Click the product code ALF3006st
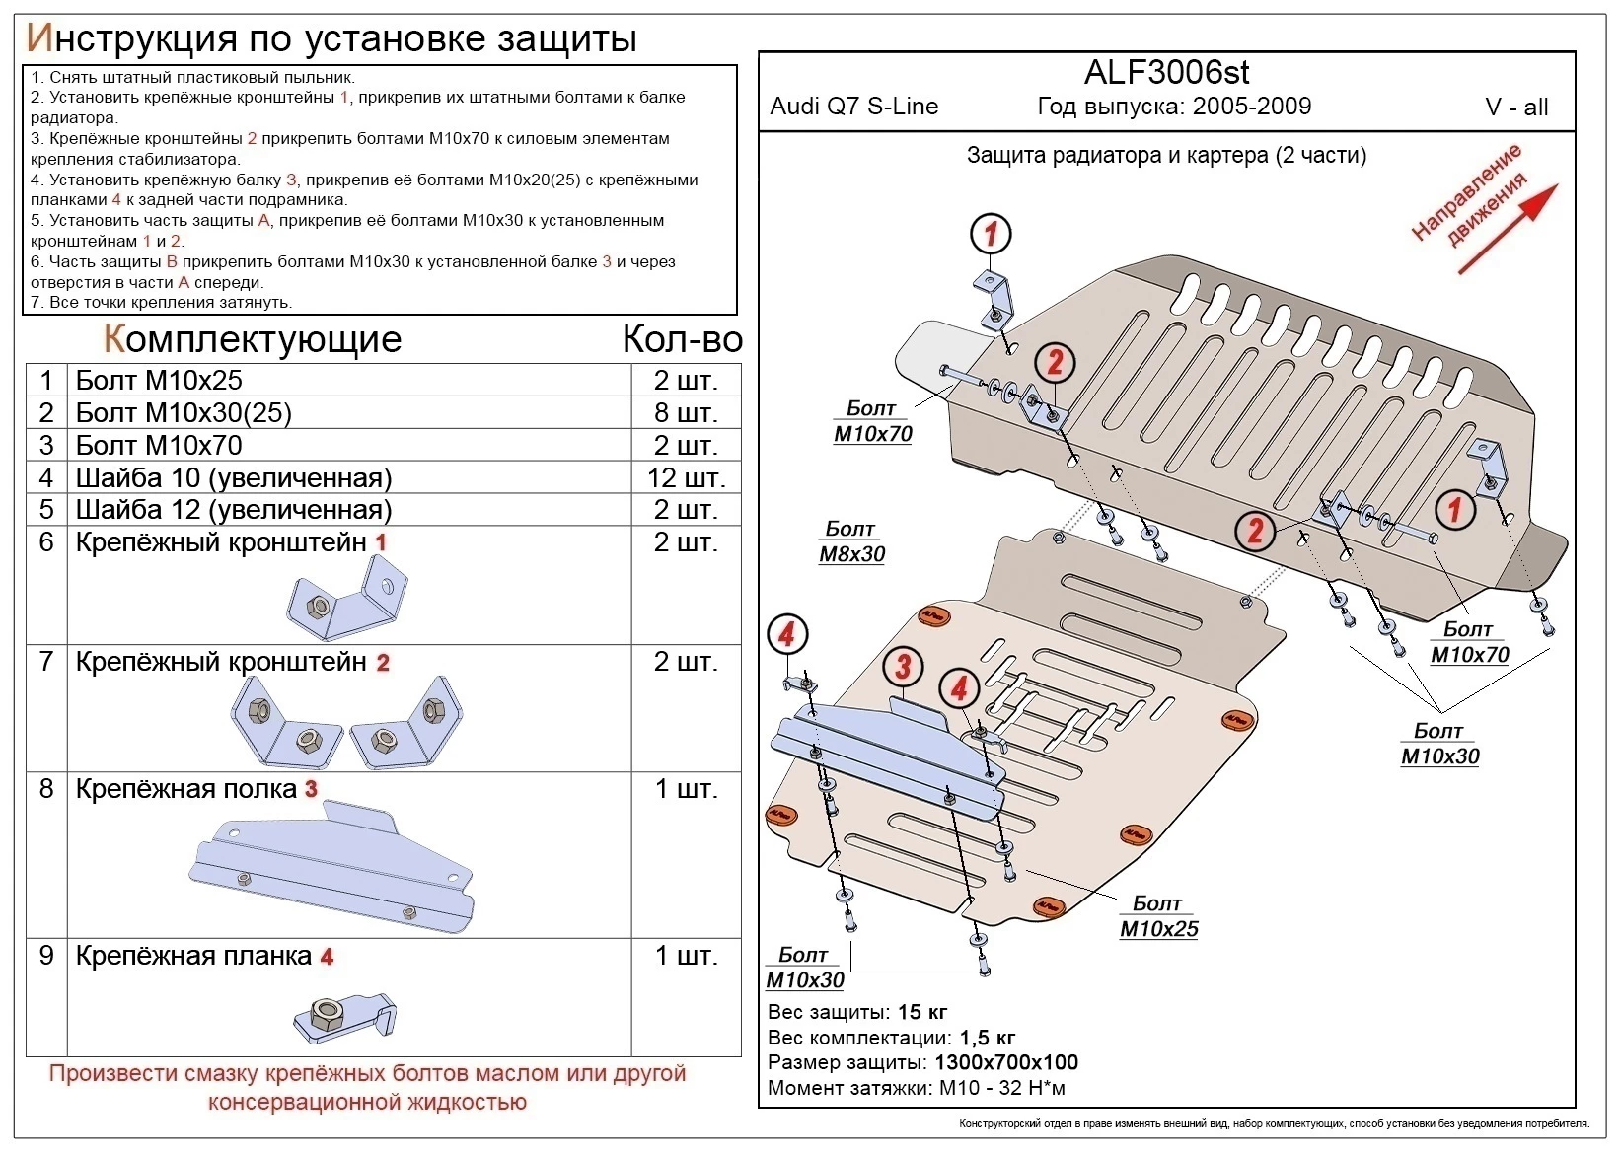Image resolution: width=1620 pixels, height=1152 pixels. (1166, 72)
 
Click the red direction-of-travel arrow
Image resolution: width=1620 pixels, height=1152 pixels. (1507, 229)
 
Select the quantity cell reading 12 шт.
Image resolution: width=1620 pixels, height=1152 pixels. (686, 478)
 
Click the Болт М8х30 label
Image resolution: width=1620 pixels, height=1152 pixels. (851, 541)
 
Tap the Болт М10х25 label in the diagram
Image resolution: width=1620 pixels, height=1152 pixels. (1158, 916)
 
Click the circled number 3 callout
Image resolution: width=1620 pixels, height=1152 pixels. (903, 666)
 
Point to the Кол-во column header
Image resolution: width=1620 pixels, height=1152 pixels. (682, 339)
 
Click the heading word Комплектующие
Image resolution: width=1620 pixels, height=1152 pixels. (253, 339)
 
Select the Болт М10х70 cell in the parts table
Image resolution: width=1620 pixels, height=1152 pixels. (159, 445)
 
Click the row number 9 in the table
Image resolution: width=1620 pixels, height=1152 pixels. (46, 956)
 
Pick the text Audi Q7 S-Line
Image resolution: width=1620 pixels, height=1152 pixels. (853, 107)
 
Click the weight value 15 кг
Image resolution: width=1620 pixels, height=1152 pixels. (922, 1012)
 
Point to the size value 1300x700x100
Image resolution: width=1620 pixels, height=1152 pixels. (1005, 1062)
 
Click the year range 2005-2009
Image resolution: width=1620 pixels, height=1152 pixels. (1251, 107)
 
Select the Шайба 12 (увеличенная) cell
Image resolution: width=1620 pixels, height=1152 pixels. (234, 510)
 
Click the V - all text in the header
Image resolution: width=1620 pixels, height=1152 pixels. (1516, 108)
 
